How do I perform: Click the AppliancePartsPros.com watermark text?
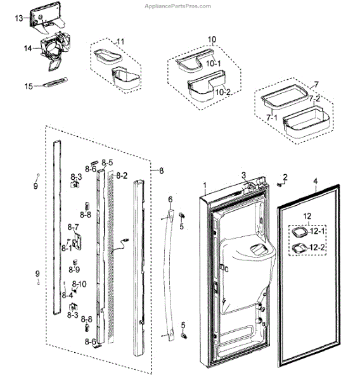(x=178, y=6)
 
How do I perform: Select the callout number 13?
(x=19, y=18)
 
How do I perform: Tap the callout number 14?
(x=28, y=49)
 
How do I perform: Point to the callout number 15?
(x=29, y=86)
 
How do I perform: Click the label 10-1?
(x=214, y=63)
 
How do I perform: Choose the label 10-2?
(x=223, y=92)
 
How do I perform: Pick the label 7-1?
(x=272, y=118)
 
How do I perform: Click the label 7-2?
(x=314, y=98)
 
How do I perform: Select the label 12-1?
(x=318, y=231)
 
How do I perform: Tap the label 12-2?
(x=318, y=248)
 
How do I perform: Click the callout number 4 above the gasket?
(x=316, y=181)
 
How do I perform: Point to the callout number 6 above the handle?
(x=170, y=199)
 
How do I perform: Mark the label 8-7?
(x=73, y=227)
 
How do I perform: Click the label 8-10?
(x=79, y=284)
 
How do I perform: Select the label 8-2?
(x=122, y=175)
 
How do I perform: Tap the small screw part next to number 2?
(x=280, y=184)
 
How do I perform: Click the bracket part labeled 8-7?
(x=78, y=242)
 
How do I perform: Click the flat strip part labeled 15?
(x=55, y=82)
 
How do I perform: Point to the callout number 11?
(x=120, y=42)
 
